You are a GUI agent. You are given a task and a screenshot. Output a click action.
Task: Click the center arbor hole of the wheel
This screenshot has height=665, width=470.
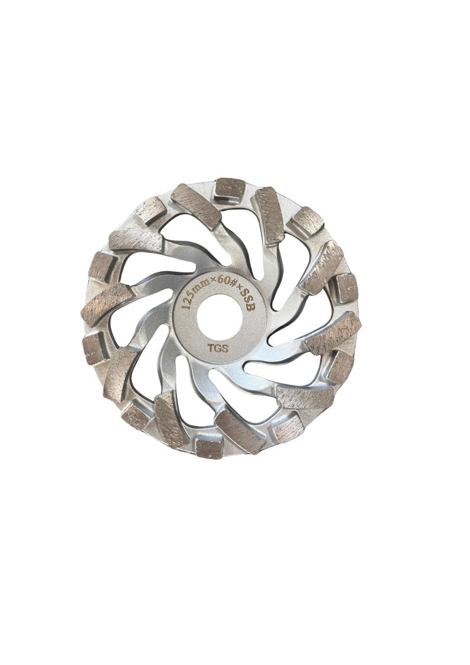pyautogui.click(x=220, y=318)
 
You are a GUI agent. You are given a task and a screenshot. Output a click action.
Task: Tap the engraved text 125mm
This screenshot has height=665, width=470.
pyautogui.click(x=193, y=294)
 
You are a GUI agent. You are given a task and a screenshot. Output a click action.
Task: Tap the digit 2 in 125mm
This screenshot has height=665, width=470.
pyautogui.click(x=188, y=300)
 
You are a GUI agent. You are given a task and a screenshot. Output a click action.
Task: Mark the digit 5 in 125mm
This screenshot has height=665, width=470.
pyautogui.click(x=191, y=295)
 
